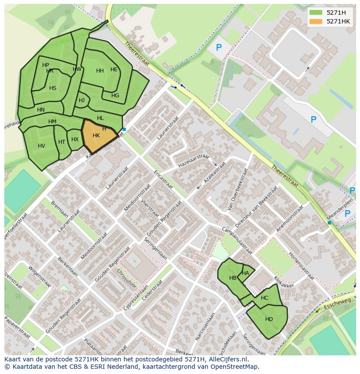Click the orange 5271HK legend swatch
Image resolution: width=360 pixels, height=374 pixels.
[x=316, y=21]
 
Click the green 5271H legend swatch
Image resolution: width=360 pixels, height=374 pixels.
[x=316, y=13]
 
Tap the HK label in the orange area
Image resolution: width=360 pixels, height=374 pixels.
[x=96, y=136]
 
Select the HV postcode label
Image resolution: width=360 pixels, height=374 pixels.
[x=41, y=146]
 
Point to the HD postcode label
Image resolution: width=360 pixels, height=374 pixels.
[x=269, y=319]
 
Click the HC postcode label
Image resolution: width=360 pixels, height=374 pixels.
[x=264, y=298]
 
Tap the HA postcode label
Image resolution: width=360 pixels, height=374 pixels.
[x=245, y=273]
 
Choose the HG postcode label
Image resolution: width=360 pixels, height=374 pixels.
[x=115, y=96]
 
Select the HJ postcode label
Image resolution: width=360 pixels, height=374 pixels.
[x=82, y=100]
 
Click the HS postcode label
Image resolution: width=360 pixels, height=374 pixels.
[x=53, y=88]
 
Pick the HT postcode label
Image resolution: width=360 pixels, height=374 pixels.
[x=62, y=142]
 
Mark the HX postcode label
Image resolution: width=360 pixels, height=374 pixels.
[x=75, y=139]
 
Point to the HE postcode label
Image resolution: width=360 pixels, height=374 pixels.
[x=114, y=70]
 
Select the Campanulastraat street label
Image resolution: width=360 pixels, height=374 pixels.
[x=237, y=240]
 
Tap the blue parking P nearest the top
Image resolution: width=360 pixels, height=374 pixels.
[x=219, y=48]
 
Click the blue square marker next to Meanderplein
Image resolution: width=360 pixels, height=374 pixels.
[x=329, y=222]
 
